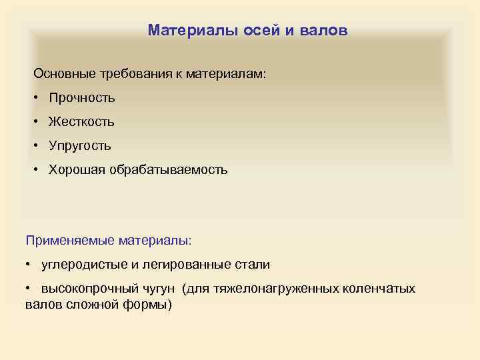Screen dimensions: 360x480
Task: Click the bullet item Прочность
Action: point(81,98)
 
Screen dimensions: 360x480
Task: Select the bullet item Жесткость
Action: point(81,122)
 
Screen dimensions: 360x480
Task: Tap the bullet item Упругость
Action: point(79,146)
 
